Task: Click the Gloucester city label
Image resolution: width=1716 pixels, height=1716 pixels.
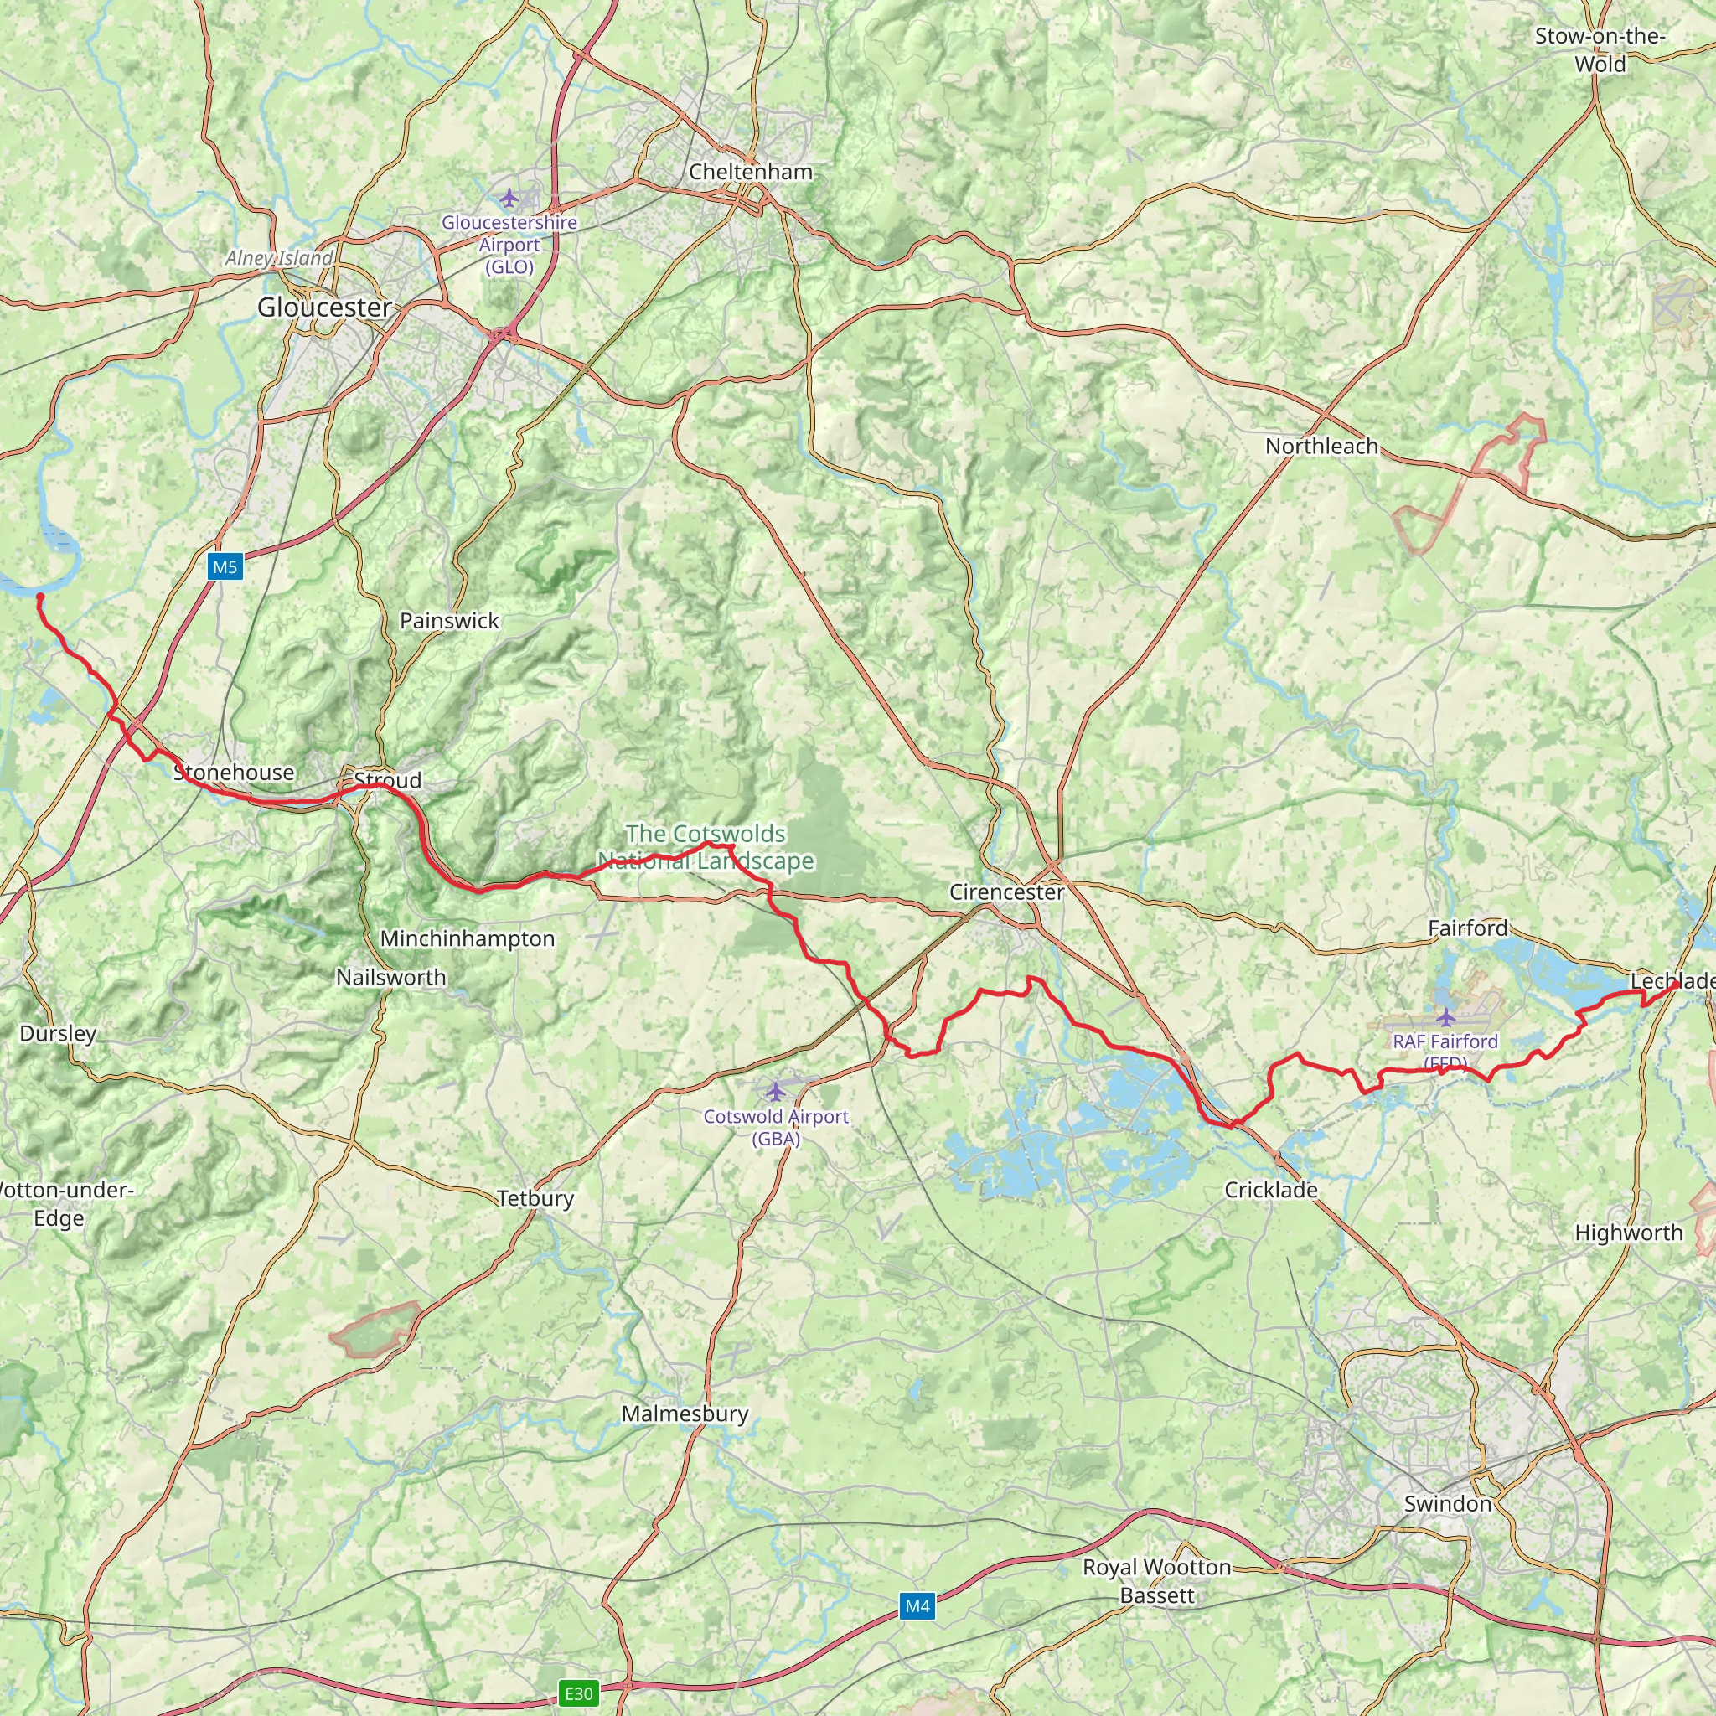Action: click(x=324, y=308)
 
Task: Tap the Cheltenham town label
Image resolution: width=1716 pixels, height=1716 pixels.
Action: click(x=751, y=172)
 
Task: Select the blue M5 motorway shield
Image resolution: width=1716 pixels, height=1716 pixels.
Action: click(x=225, y=566)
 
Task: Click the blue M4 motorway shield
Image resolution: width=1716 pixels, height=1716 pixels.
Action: click(x=917, y=1606)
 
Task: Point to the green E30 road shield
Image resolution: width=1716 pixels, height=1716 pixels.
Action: click(x=578, y=1693)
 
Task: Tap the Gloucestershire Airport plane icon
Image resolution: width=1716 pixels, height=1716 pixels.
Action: click(x=509, y=196)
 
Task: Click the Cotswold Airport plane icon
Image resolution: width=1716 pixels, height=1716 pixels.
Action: click(x=776, y=1090)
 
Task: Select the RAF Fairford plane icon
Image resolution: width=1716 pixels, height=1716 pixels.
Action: click(x=1446, y=1016)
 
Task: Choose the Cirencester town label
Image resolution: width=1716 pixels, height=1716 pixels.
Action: click(x=1006, y=892)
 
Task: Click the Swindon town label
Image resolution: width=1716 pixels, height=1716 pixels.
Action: click(x=1448, y=1504)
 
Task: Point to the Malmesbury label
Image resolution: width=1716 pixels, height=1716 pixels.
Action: click(x=685, y=1414)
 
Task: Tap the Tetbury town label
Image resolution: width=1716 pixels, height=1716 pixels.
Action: click(x=535, y=1198)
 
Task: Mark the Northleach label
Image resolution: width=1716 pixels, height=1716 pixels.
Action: click(x=1321, y=446)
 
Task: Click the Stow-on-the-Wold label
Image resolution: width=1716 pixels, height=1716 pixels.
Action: click(x=1600, y=49)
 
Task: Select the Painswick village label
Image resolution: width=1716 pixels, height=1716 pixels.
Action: click(x=449, y=621)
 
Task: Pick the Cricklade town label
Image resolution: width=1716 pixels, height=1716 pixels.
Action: click(x=1271, y=1189)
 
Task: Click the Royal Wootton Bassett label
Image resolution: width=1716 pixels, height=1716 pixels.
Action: click(x=1156, y=1581)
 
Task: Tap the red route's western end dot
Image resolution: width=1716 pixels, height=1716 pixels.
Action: click(x=40, y=596)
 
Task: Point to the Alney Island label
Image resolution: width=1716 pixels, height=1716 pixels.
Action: click(x=279, y=257)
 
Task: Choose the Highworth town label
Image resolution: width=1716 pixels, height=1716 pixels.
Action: click(x=1629, y=1233)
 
